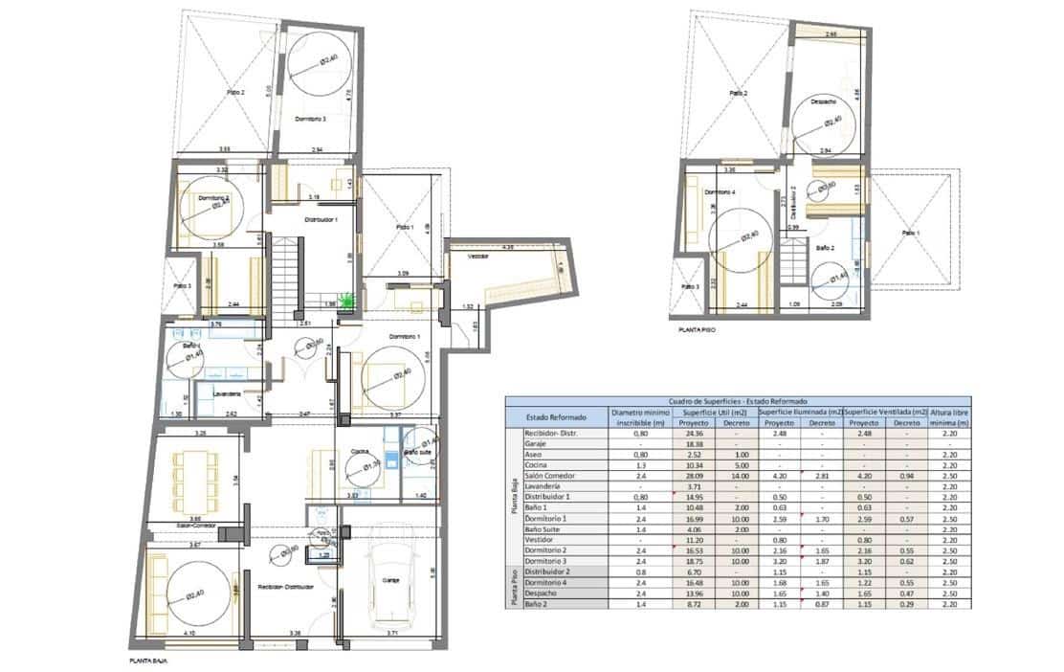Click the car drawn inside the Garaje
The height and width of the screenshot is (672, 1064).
[389, 574]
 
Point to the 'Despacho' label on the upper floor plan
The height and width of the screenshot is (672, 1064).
[824, 101]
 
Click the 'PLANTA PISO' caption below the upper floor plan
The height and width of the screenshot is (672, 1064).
[697, 327]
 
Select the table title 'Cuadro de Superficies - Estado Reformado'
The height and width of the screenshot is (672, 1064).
[738, 402]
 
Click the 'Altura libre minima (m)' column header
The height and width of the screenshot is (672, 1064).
[951, 416]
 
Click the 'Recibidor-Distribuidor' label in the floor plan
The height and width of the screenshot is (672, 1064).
[285, 587]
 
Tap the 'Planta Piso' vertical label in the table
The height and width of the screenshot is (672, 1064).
[513, 587]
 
